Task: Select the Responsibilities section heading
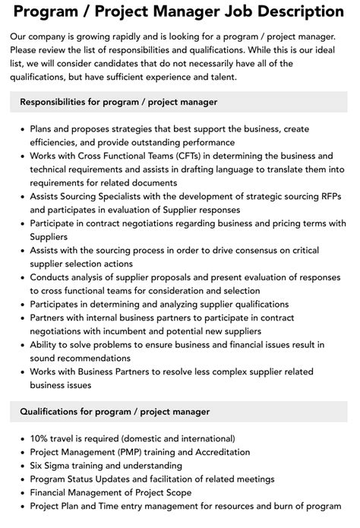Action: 118,101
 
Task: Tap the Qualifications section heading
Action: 115,411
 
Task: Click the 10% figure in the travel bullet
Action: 40,438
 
